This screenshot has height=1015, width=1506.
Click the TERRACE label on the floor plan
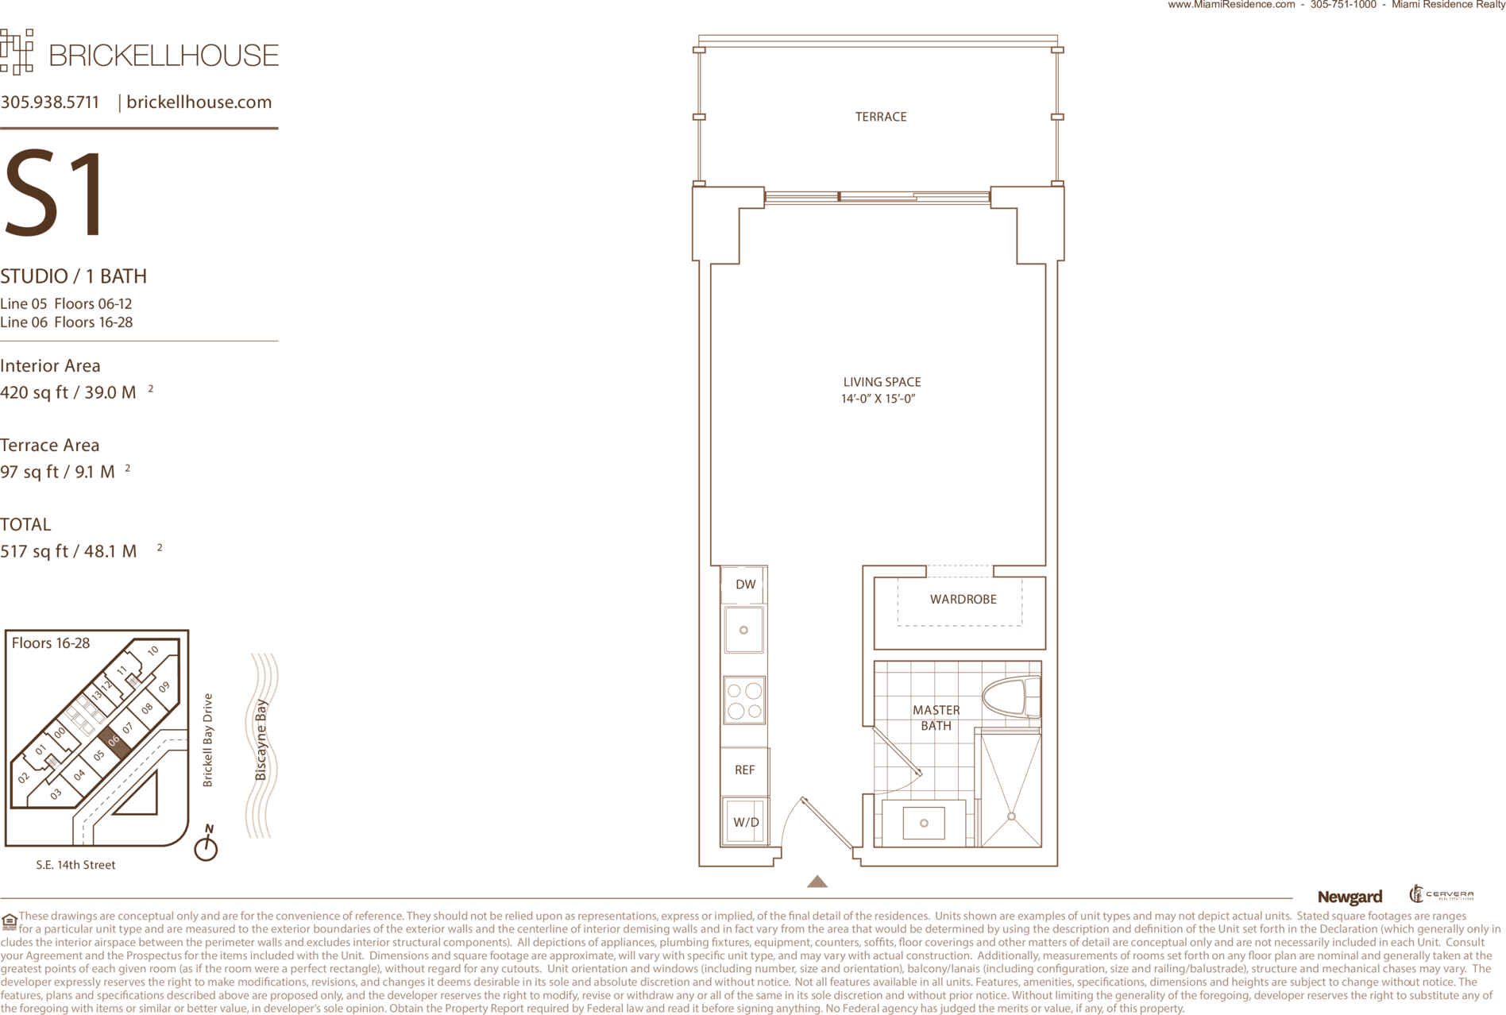880,117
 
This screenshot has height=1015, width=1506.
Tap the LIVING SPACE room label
882,382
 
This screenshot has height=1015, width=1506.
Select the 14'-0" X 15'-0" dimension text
878,399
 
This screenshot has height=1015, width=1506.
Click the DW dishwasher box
744,585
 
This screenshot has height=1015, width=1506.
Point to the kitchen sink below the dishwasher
743,630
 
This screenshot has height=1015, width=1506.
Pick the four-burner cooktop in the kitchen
744,700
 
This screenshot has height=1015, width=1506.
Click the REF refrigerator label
744,770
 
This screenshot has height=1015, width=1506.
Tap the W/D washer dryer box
745,822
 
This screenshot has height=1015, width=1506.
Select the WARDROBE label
963,600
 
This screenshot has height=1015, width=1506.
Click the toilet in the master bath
1011,698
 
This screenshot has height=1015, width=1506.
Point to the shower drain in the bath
1011,816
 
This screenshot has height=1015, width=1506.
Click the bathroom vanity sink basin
924,824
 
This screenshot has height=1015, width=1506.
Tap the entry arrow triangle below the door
817,881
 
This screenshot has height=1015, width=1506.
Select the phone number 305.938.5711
50,102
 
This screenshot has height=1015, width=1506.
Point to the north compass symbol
207,843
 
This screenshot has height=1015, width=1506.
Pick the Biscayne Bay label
261,739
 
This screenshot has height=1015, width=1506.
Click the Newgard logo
1350,897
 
